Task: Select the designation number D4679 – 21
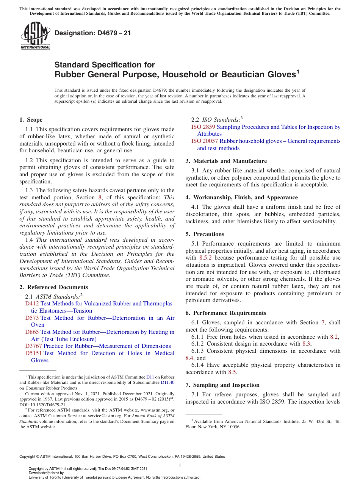tap(93, 33)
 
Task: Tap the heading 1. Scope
tap(31, 120)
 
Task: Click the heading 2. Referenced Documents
tap(54, 287)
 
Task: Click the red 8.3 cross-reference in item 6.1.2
tap(306, 344)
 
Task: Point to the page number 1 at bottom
tap(180, 465)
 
